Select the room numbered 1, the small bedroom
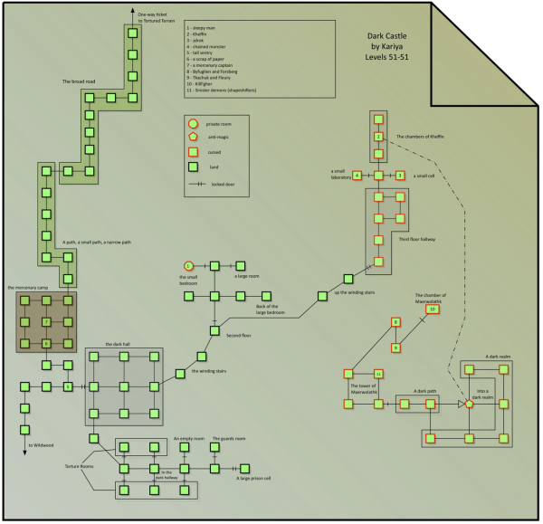[x=188, y=265]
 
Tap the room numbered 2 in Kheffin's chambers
[x=378, y=137]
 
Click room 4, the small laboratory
[x=357, y=175]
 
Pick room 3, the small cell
[x=399, y=175]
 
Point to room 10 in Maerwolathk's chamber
[x=433, y=310]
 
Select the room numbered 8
[x=395, y=322]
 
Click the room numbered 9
[x=395, y=348]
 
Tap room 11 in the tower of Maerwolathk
[x=378, y=373]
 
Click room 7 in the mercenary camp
[x=45, y=322]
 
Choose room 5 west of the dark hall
[x=67, y=387]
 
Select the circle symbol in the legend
[x=192, y=122]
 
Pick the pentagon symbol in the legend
[x=192, y=137]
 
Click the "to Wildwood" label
[x=42, y=445]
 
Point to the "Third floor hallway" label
[x=416, y=239]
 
